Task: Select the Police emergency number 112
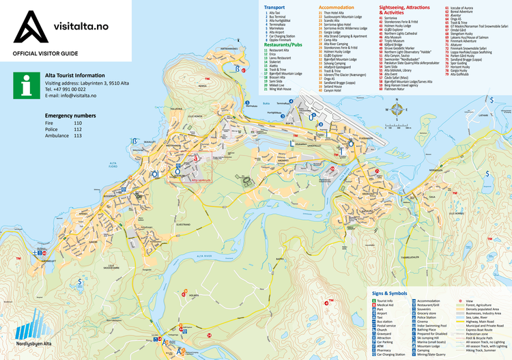click(77, 129)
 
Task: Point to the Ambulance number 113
click(77, 136)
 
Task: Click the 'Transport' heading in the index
click(275, 7)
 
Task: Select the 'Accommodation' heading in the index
click(336, 7)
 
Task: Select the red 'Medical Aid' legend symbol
click(373, 305)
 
